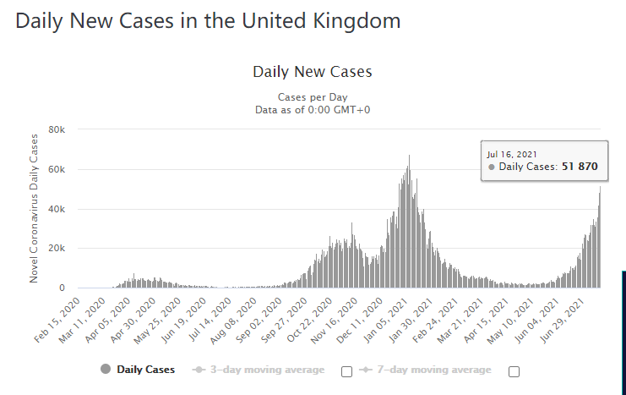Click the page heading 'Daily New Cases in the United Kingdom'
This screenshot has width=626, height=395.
(208, 20)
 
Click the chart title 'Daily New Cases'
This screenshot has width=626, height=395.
(313, 72)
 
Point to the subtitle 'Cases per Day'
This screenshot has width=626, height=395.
(313, 97)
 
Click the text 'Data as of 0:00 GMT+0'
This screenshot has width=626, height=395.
(313, 110)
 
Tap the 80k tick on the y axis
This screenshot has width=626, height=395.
(57, 130)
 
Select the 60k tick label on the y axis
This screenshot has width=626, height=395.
(57, 170)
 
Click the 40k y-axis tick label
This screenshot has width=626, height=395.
(57, 209)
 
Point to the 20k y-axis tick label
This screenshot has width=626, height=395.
(57, 249)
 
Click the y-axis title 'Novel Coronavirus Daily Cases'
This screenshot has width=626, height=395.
(35, 207)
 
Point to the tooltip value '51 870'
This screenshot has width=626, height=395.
(580, 167)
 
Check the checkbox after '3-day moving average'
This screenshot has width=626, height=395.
(346, 371)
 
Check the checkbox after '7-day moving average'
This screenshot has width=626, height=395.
(514, 371)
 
